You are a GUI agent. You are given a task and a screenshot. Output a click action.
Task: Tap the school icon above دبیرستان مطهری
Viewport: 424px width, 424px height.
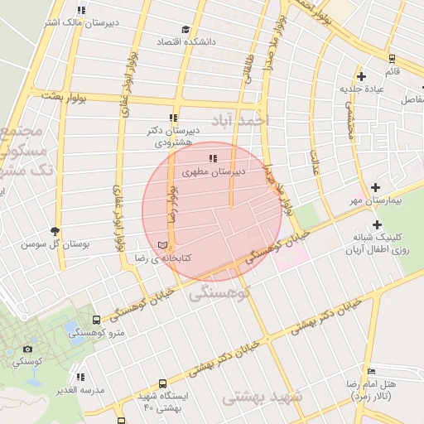[x=213, y=158]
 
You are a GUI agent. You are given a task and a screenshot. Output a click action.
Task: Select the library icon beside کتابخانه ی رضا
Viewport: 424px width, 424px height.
[x=163, y=245]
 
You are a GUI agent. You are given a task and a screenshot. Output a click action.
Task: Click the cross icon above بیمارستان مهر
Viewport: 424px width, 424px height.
[x=377, y=188]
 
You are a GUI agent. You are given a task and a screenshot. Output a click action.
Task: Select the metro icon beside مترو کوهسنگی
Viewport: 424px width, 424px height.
[x=97, y=320]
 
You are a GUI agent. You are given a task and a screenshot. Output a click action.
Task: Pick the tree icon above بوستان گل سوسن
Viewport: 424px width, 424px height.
[x=55, y=232]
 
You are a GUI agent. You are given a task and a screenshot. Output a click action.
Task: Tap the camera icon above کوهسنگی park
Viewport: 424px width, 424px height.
[x=28, y=349]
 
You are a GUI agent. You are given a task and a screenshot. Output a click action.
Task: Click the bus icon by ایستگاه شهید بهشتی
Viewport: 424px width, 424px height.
[x=162, y=384]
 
